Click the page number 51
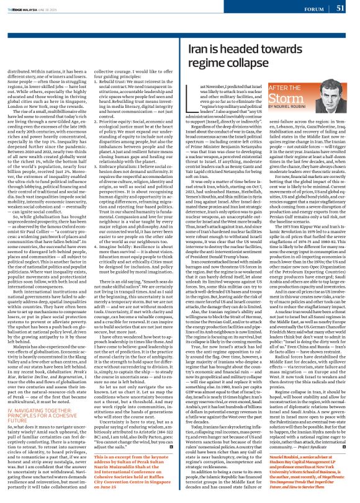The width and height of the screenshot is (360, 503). tap(340, 8)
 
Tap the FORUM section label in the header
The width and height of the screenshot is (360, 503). tap(312, 9)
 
